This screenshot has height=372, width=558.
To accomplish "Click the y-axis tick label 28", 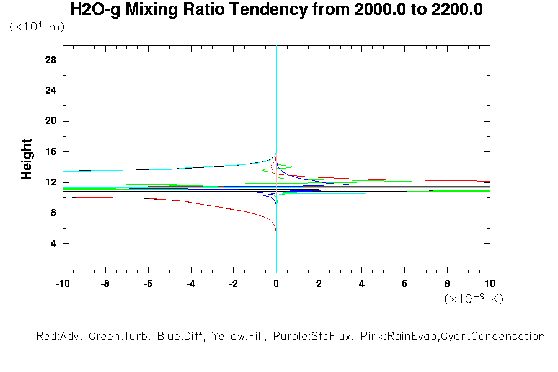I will [51, 60].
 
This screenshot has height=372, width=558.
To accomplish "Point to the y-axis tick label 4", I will [54, 243].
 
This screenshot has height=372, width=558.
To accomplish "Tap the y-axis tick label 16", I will [51, 152].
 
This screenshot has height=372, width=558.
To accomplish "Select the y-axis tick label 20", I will [51, 121].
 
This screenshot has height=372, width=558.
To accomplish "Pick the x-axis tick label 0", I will [276, 285].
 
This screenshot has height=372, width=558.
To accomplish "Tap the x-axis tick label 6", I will [404, 285].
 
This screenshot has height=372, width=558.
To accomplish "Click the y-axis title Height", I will [27, 159].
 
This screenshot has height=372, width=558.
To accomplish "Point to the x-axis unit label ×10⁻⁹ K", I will [474, 299].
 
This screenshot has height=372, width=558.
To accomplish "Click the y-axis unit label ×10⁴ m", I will [37, 27].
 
